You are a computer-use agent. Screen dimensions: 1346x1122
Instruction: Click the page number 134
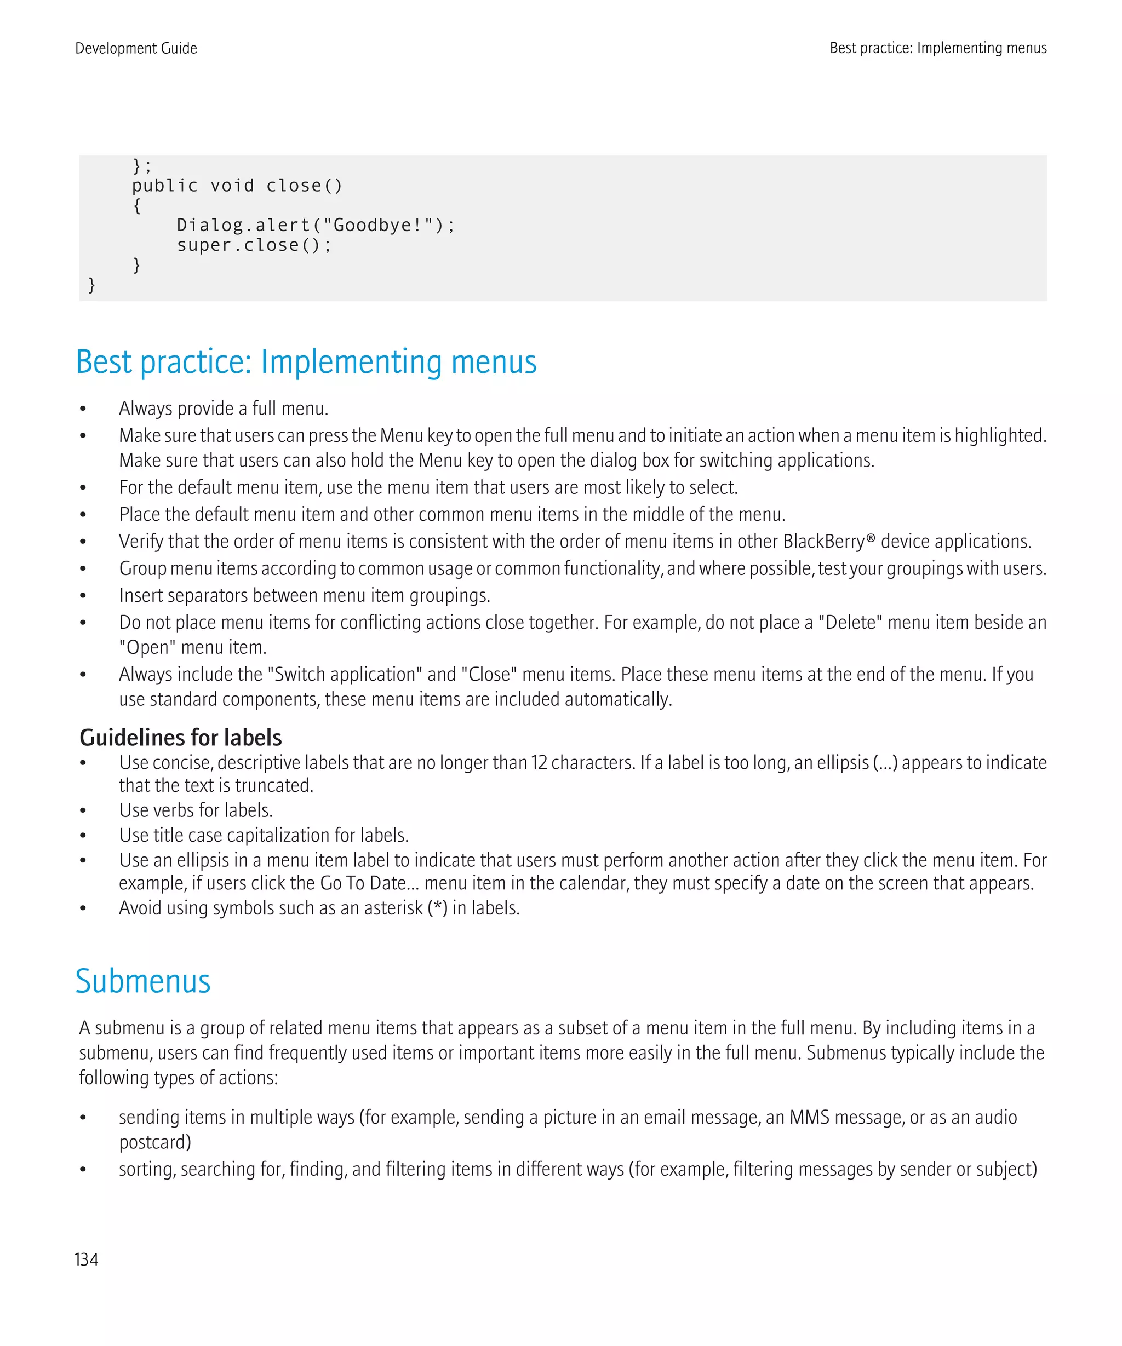(87, 1259)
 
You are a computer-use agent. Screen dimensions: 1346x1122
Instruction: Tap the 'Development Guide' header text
(136, 48)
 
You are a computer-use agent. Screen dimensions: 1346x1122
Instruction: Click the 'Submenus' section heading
(143, 981)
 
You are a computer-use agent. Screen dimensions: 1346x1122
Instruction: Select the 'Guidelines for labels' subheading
(180, 737)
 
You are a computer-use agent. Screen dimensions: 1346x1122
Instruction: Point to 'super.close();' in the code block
(254, 245)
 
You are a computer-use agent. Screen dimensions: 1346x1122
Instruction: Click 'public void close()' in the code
(237, 186)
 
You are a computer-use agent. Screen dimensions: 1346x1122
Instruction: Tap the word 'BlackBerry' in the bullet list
(824, 542)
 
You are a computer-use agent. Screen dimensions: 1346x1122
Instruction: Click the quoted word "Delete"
(850, 623)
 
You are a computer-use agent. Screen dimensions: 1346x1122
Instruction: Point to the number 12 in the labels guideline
(539, 763)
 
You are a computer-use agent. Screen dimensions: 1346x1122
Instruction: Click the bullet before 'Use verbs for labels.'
(83, 811)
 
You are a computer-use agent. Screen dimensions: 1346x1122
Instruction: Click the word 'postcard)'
(155, 1142)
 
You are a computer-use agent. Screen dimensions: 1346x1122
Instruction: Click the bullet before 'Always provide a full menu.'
(83, 409)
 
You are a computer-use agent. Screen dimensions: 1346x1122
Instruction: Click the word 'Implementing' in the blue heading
(351, 362)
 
